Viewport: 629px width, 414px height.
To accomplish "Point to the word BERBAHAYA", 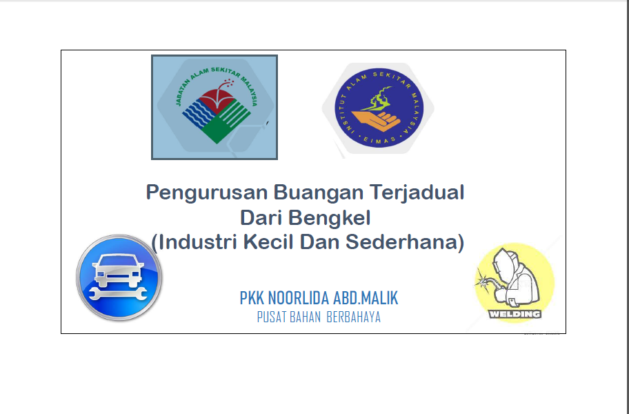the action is point(353,317).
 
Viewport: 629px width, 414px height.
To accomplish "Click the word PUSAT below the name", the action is point(271,317).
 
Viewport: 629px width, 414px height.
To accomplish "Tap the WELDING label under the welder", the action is point(515,314).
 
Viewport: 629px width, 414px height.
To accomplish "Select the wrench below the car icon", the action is point(118,294).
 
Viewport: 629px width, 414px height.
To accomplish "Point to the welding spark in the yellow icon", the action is point(483,280).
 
